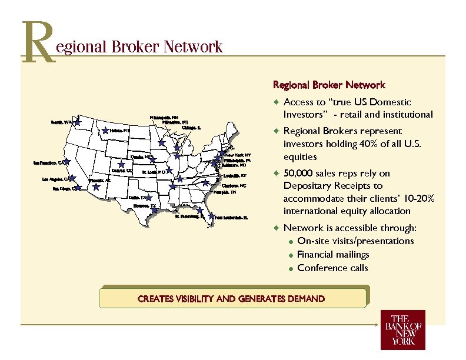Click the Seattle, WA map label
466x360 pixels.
coord(61,122)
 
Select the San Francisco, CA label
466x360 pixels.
coord(48,163)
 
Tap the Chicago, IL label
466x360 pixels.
coord(191,127)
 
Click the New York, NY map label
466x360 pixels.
coord(238,155)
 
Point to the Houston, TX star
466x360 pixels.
coord(154,208)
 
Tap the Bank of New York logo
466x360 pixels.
coord(402,330)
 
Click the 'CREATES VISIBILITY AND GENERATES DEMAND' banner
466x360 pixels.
coord(231,299)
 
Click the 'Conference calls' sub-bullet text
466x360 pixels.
coord(333,268)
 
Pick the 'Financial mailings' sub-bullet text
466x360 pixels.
coord(333,255)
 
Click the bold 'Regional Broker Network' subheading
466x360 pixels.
coord(329,85)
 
